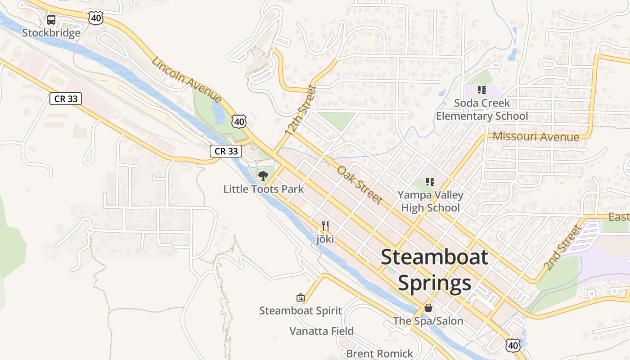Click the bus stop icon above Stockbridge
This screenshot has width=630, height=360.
tap(51, 20)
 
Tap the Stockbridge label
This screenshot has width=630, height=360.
tap(51, 33)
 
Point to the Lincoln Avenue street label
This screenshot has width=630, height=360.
tap(186, 80)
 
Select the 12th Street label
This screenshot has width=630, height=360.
tap(301, 110)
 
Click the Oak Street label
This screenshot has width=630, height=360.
tap(360, 184)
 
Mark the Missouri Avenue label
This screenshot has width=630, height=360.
tap(536, 136)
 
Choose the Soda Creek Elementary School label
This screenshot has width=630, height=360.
tap(482, 109)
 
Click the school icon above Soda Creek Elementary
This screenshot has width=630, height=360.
tap(482, 90)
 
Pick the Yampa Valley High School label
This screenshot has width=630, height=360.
tap(430, 201)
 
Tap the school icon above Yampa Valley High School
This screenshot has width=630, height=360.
tap(430, 182)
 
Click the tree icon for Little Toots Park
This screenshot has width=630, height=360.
tap(263, 175)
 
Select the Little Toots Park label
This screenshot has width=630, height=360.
tap(264, 189)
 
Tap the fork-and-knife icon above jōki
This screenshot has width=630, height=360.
tap(325, 226)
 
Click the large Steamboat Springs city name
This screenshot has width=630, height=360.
tap(435, 270)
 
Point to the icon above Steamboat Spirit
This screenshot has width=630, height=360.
tap(300, 297)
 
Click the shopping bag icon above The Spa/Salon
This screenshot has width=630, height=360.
tap(428, 308)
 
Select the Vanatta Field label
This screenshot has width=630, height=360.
tap(322, 331)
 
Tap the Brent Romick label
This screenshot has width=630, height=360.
tap(380, 354)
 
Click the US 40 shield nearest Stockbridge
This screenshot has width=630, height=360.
tap(96, 18)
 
